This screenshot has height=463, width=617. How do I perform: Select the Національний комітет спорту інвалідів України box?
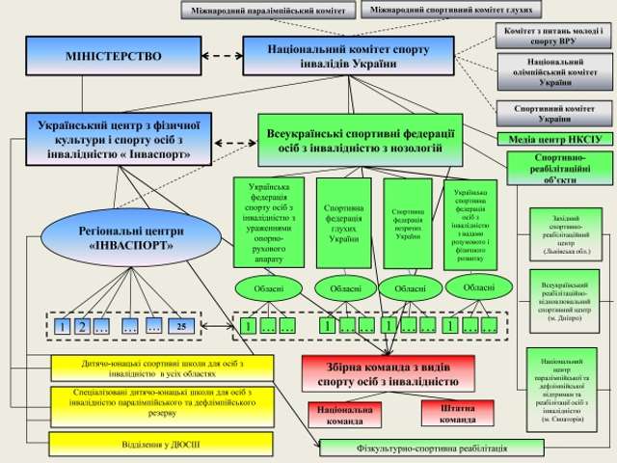click(334, 56)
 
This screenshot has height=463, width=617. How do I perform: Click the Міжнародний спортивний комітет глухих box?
click(451, 10)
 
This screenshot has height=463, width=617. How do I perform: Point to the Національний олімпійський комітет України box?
click(554, 73)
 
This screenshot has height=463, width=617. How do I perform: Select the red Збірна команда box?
click(388, 373)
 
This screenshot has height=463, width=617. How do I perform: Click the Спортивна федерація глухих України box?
click(342, 223)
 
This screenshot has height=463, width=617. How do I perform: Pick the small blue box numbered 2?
click(82, 327)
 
